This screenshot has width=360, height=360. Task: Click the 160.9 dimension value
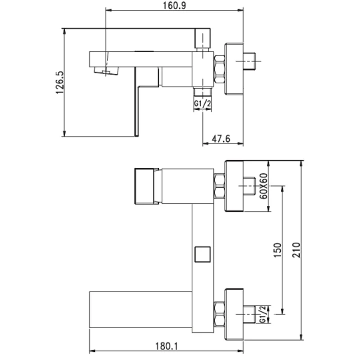pyautogui.click(x=174, y=6)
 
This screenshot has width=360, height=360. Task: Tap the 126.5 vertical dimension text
pyautogui.click(x=60, y=82)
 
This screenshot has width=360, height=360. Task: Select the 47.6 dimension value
pyautogui.click(x=221, y=139)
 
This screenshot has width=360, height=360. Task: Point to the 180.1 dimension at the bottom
pyautogui.click(x=166, y=346)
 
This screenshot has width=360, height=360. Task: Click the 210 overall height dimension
pyautogui.click(x=297, y=250)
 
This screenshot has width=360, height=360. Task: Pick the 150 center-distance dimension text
pyautogui.click(x=277, y=250)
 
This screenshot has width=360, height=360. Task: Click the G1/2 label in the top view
pyautogui.click(x=202, y=103)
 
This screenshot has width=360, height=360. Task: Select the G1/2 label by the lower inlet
pyautogui.click(x=263, y=314)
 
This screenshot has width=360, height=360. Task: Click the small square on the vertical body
pyautogui.click(x=202, y=254)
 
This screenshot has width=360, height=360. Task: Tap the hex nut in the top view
pyautogui.click(x=219, y=69)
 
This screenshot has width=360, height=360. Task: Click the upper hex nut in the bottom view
pyautogui.click(x=219, y=186)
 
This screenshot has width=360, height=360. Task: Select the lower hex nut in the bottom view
pyautogui.click(x=219, y=314)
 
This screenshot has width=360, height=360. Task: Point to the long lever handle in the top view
pyautogui.click(x=137, y=101)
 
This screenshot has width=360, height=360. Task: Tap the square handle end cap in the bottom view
pyautogui.click(x=144, y=186)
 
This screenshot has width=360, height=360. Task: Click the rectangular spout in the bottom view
pyautogui.click(x=140, y=310)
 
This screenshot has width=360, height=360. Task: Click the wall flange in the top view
pyautogui.click(x=234, y=69)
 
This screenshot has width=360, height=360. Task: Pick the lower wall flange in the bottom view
pyautogui.click(x=234, y=314)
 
